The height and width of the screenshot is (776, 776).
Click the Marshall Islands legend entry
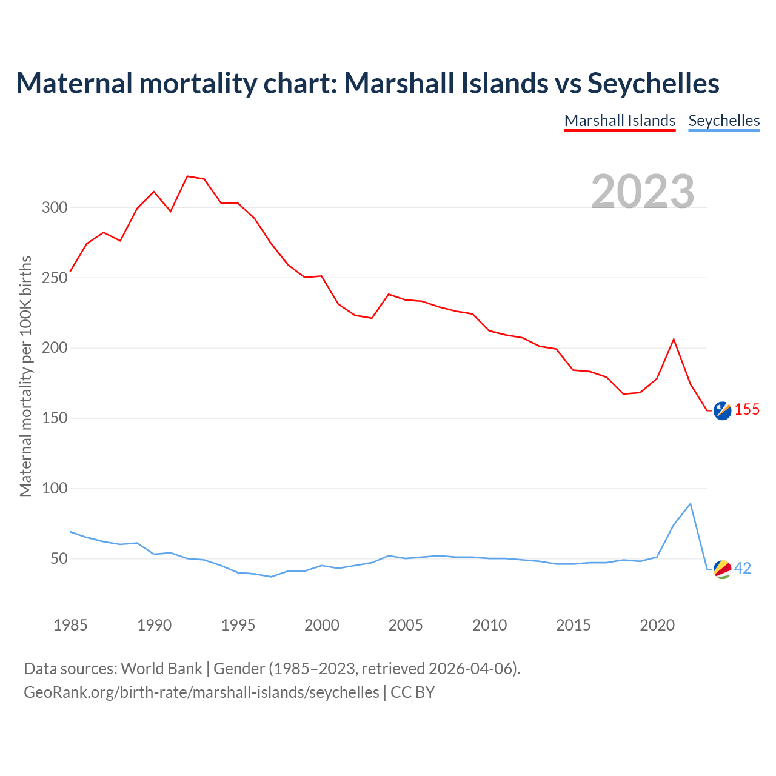[x=620, y=121]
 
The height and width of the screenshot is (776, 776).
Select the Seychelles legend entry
[x=724, y=121]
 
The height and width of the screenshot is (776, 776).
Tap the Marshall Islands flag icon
[x=722, y=410]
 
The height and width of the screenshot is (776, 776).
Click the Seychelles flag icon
[x=722, y=569]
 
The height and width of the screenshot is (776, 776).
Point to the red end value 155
[x=747, y=410]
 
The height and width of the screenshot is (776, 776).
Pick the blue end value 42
[x=743, y=569]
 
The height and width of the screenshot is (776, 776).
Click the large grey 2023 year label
[x=643, y=191]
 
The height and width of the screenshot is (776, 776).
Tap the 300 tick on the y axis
[x=54, y=208]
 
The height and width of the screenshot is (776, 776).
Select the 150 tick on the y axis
[x=54, y=418]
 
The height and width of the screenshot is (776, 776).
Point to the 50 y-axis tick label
[x=58, y=558]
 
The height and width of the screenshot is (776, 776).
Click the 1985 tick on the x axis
[x=70, y=625]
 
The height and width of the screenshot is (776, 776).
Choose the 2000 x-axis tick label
[x=322, y=625]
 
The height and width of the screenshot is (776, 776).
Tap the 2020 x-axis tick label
[x=657, y=625]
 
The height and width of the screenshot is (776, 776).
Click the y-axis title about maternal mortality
[x=25, y=376]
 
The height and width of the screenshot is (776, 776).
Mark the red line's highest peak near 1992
[x=187, y=176]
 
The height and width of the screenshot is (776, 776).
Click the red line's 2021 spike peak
[x=674, y=339]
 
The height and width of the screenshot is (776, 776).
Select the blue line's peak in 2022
[x=691, y=504]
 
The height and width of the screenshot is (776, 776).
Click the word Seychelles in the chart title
[x=654, y=83]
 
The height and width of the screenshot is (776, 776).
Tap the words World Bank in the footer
[x=161, y=669]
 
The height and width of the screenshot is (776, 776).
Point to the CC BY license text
[x=413, y=692]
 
